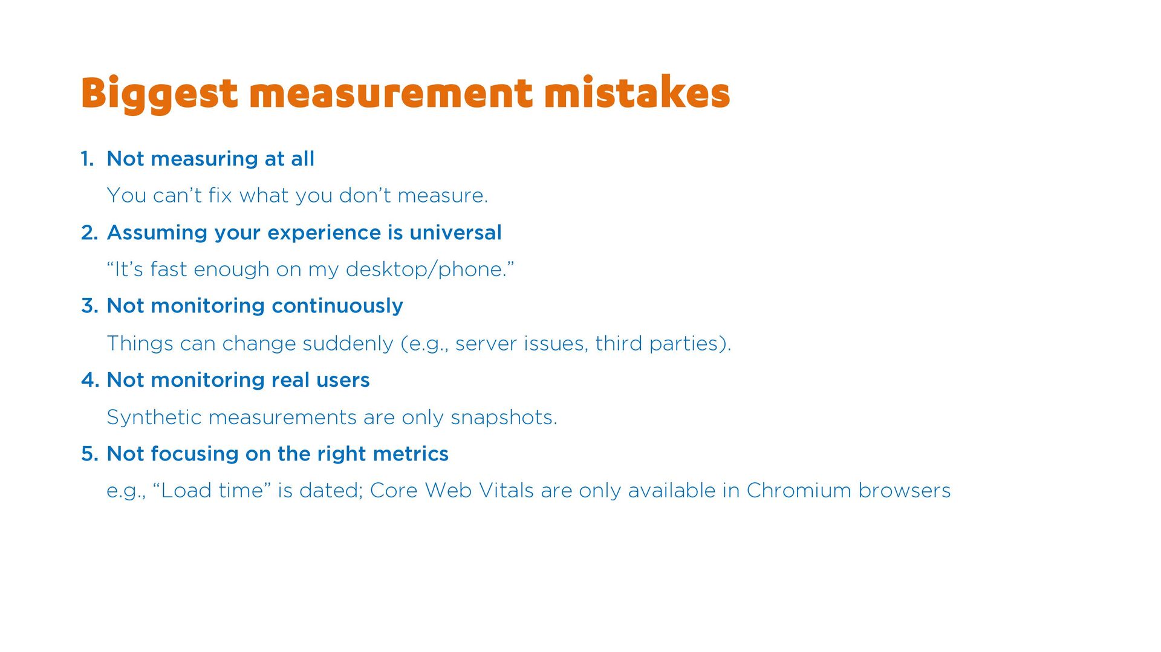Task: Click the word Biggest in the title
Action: point(160,94)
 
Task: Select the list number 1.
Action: point(88,159)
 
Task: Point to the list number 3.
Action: point(89,306)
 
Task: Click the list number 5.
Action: point(89,454)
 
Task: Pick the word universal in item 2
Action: point(455,233)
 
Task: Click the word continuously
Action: point(337,306)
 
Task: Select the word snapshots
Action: point(504,418)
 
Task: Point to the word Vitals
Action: point(506,491)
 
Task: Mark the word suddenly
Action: point(348,344)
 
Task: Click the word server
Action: point(486,344)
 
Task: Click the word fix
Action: point(220,195)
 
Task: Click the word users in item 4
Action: point(343,380)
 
